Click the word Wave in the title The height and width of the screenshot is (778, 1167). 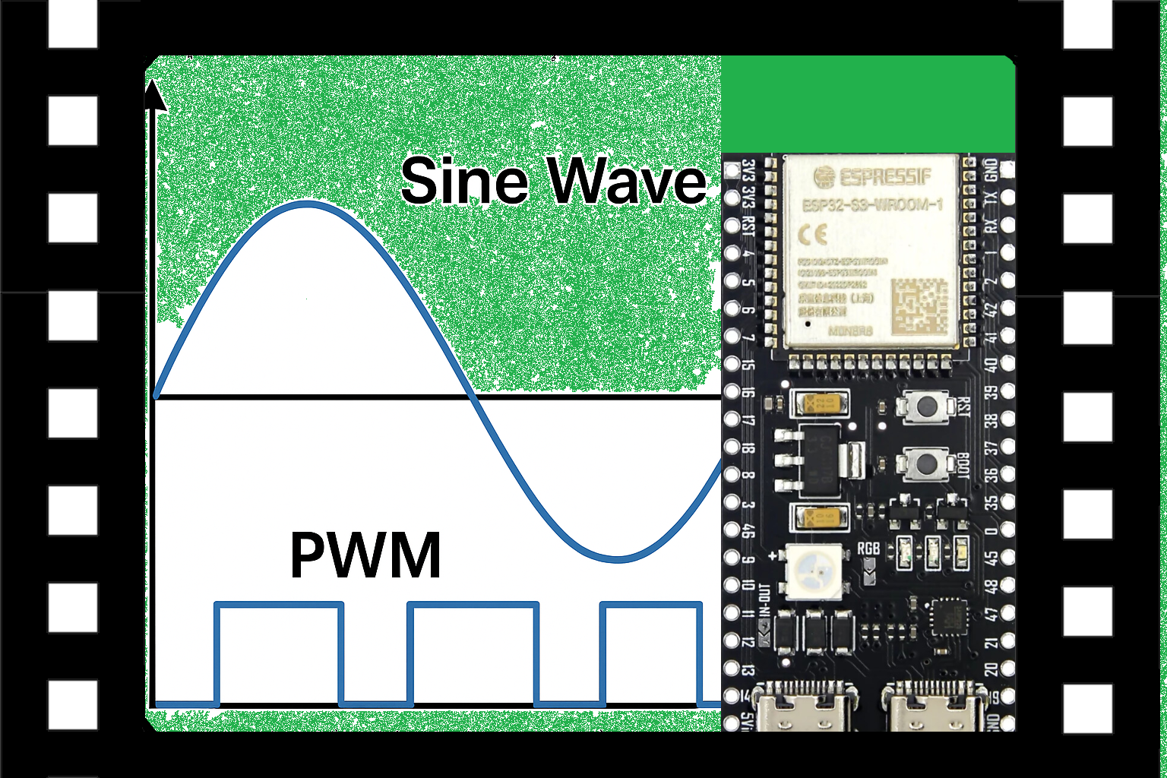pyautogui.click(x=628, y=181)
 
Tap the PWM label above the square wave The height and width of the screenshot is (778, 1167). pyautogui.click(x=365, y=555)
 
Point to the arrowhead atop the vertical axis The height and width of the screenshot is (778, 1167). pyautogui.click(x=155, y=94)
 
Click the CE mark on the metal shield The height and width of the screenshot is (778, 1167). pyautogui.click(x=811, y=235)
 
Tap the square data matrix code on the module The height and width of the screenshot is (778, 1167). pyautogui.click(x=919, y=306)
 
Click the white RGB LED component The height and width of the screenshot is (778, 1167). pyautogui.click(x=814, y=571)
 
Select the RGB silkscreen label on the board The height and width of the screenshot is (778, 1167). pyautogui.click(x=868, y=549)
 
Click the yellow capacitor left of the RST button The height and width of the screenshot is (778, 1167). pyautogui.click(x=820, y=404)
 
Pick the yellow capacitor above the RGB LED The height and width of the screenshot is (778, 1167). pyautogui.click(x=820, y=518)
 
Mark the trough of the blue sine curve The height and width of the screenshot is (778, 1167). pyautogui.click(x=618, y=560)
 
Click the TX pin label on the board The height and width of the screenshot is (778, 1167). pyautogui.click(x=990, y=199)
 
